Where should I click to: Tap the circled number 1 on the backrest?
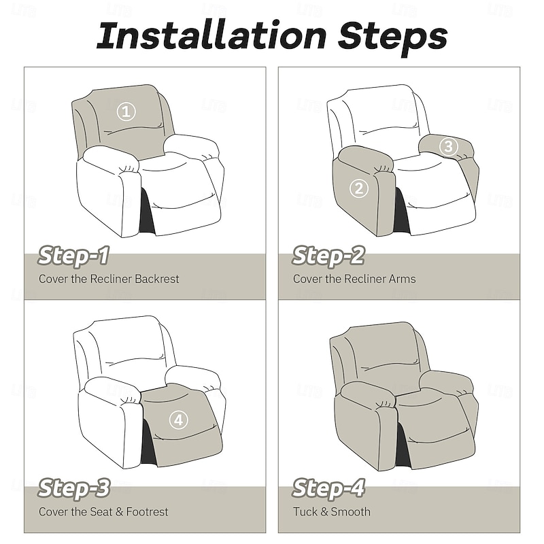pos(126,112)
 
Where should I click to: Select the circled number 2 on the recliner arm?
pos(360,188)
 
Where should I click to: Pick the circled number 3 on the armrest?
pos(447,146)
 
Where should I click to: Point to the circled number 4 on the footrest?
pos(177,420)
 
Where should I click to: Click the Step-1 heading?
pos(73,256)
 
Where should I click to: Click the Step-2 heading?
pos(328,256)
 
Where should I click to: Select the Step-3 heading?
pos(73,488)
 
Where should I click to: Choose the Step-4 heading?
pos(328,488)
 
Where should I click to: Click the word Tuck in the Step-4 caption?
pos(306,511)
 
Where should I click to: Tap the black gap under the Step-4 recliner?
pos(403,445)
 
